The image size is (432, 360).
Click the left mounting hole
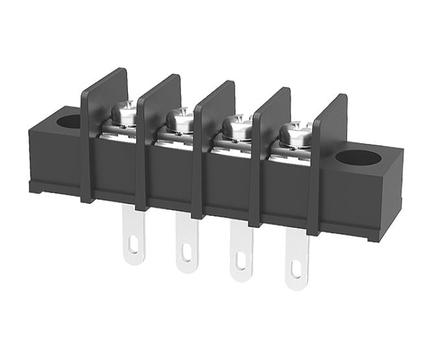coord(68,121)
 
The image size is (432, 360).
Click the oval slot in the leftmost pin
coord(134,246)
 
